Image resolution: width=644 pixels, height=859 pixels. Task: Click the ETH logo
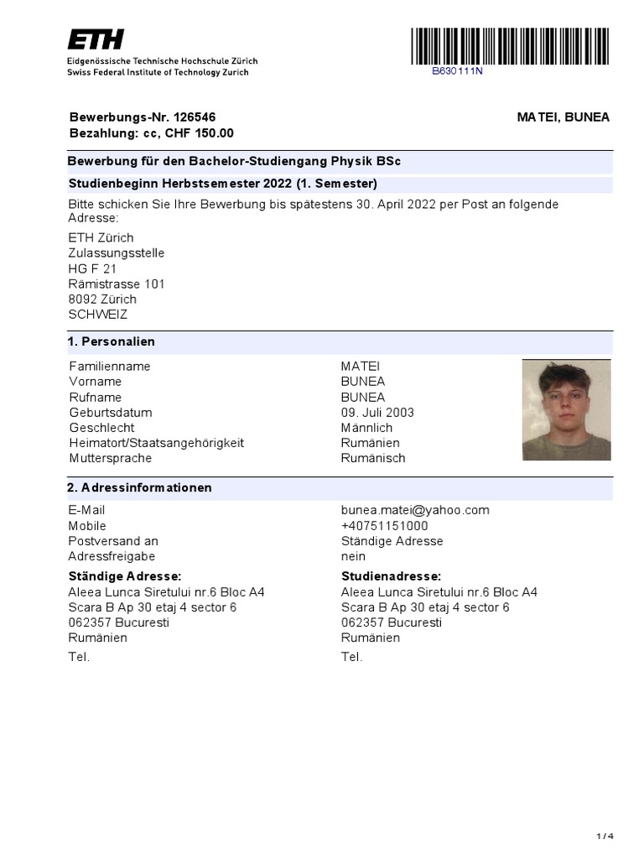pos(96,39)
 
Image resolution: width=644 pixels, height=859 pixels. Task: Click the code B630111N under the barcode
pos(457,71)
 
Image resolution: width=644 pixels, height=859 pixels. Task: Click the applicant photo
pos(566,409)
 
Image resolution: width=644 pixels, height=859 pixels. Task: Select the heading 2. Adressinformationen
pos(139,488)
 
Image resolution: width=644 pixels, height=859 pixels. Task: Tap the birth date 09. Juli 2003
pos(377,413)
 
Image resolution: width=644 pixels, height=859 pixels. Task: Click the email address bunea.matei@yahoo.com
pos(415,510)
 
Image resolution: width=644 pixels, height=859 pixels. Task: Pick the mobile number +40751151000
pos(384,526)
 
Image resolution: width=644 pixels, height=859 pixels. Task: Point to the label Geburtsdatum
pos(111,413)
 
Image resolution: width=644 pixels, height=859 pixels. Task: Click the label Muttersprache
pos(111,458)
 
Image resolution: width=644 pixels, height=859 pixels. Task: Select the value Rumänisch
pos(373,458)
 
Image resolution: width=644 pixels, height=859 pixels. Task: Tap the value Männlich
pos(366,428)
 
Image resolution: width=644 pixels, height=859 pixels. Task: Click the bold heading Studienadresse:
pos(391,576)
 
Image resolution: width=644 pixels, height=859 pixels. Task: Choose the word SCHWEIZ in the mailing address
pos(98,315)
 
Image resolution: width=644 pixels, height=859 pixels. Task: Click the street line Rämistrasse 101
pos(117,284)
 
